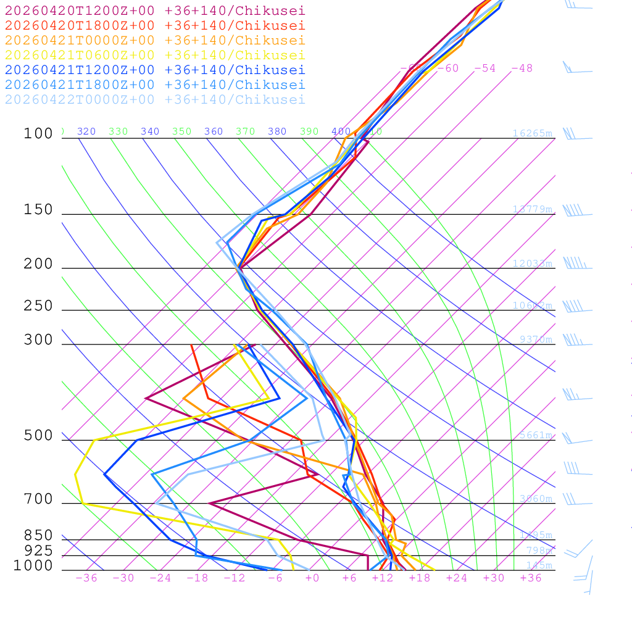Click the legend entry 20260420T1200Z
click(155, 10)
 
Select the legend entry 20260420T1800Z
click(155, 25)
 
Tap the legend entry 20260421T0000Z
click(155, 40)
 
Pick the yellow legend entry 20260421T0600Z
click(155, 55)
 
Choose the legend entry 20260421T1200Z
click(155, 70)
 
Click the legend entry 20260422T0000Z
click(155, 99)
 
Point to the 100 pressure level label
click(38, 134)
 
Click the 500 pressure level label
click(38, 436)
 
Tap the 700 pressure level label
click(38, 499)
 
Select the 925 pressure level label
click(38, 551)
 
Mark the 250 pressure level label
click(38, 306)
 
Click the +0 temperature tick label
click(312, 578)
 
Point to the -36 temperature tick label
click(86, 578)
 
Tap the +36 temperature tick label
click(531, 578)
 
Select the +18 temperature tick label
click(420, 578)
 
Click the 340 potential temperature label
click(150, 131)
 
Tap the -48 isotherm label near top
click(522, 69)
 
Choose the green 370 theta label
click(245, 131)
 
